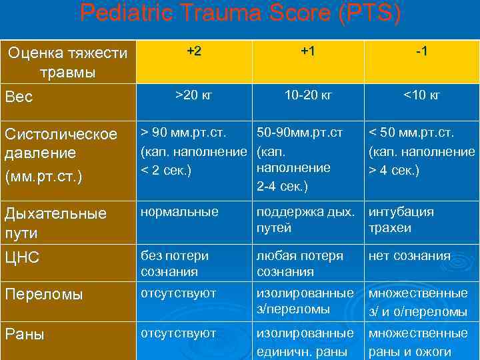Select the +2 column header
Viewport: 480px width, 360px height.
tap(194, 52)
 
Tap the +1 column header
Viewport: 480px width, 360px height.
tap(307, 52)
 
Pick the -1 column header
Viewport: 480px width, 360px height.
tap(421, 52)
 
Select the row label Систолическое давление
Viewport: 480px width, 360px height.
tap(61, 153)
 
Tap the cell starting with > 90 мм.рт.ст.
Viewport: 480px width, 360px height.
tap(194, 151)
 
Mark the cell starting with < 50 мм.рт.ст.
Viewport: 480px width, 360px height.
tap(421, 151)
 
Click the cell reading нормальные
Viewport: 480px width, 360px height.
tap(179, 212)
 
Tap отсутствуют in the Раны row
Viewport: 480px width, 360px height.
tap(179, 333)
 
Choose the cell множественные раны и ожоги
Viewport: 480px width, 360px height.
tap(419, 342)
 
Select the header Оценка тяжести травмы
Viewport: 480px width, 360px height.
tap(66, 61)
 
